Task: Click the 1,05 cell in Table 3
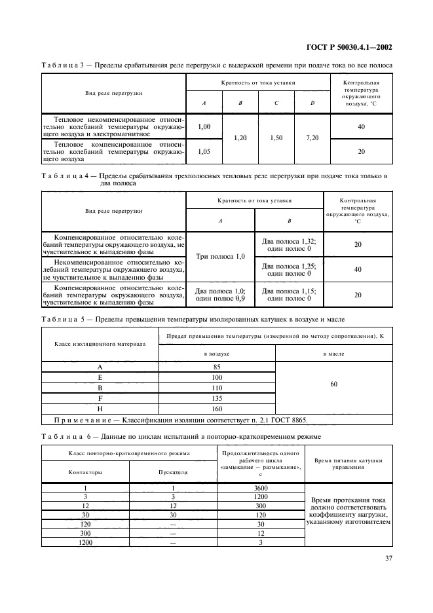204,151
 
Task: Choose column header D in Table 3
312,103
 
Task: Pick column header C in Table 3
276,103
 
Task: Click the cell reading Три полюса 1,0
220,256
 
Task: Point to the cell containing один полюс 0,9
220,299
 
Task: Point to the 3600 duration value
260,488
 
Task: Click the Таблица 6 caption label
64,436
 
